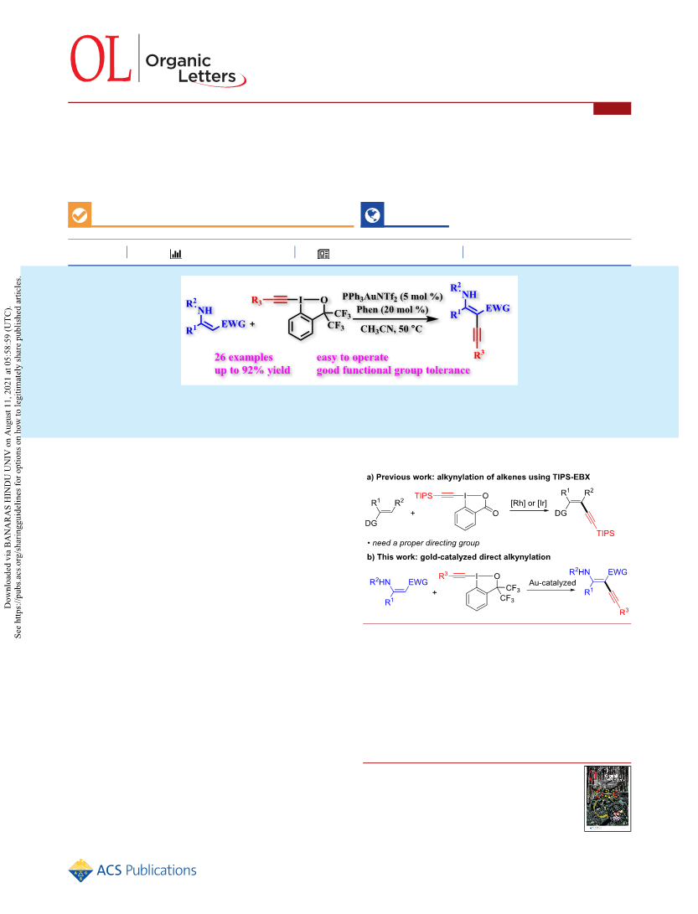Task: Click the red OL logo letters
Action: pos(101,59)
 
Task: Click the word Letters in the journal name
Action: pos(207,76)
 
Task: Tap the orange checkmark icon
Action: pos(80,214)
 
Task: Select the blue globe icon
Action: pos(373,214)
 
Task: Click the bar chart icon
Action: pos(175,254)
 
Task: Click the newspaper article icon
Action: pos(323,254)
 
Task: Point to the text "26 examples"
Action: pos(244,358)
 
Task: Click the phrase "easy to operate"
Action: pos(352,358)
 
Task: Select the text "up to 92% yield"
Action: pos(252,370)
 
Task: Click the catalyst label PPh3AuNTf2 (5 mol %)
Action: pos(392,297)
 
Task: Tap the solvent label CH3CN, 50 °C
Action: pos(391,328)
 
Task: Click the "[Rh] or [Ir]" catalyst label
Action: pos(529,503)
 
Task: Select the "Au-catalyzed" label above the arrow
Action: pos(552,582)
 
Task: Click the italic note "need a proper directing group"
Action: pos(426,543)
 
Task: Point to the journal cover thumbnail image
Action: pos(608,798)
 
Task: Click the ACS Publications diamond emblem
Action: pos(80,870)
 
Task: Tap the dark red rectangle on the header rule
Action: pos(613,108)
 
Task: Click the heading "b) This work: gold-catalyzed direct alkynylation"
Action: pos(458,556)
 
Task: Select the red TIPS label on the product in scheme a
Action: pos(605,533)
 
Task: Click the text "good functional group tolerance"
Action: pos(393,370)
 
